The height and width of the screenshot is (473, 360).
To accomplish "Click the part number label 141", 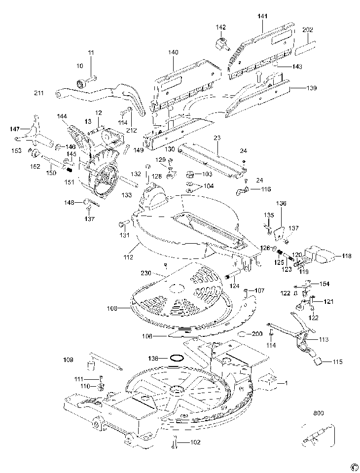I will [262, 16].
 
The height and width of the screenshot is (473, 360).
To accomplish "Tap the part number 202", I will [307, 30].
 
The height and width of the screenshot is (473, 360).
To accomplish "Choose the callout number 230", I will [146, 273].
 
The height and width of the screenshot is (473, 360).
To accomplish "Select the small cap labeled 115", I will [318, 361].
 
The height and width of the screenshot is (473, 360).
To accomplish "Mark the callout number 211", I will [39, 93].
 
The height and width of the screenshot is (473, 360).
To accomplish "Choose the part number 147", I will [14, 129].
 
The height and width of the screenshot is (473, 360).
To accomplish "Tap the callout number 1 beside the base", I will [285, 382].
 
